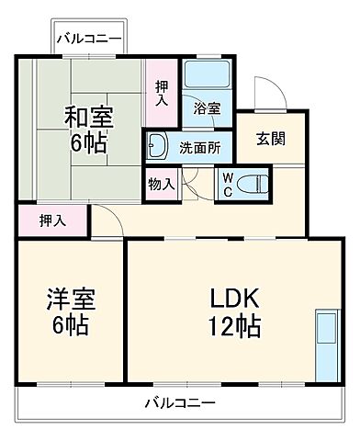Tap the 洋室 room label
70,300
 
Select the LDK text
237,300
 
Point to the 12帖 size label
237,325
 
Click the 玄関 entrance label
270,139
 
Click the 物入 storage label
162,185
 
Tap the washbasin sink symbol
157,144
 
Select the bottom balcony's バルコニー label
179,403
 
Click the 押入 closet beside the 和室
162,93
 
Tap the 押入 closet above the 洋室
51,220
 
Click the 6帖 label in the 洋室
70,325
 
